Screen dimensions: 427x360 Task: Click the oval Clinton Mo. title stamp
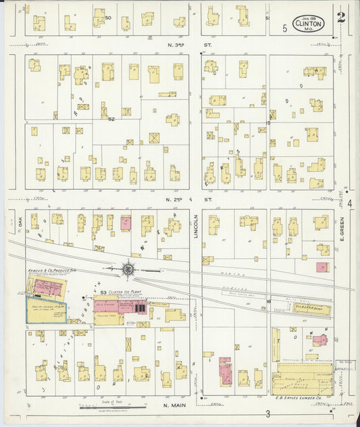point(309,24)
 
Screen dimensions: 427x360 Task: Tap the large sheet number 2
point(342,17)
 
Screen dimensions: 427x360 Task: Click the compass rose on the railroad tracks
point(128,270)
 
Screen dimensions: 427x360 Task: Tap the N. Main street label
point(176,406)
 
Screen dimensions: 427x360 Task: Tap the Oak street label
point(20,220)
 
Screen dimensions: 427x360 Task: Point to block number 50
point(108,18)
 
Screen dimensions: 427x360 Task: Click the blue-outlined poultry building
point(47,309)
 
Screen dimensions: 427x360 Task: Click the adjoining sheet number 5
point(285,28)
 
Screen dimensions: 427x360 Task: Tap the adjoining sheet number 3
point(268,413)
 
